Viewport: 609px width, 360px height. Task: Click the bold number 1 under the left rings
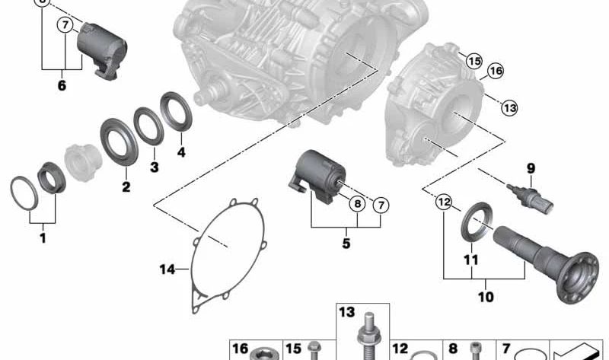(43, 237)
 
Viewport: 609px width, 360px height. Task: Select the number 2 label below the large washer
(126, 186)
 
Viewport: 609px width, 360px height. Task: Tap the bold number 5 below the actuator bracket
(346, 244)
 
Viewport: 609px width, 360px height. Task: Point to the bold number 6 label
(62, 85)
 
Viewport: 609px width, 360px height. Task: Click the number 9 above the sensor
(531, 168)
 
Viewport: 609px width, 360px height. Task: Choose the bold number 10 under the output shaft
(486, 297)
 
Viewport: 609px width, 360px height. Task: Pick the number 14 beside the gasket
(167, 269)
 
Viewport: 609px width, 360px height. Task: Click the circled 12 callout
(444, 202)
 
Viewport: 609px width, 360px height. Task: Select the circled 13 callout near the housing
(509, 107)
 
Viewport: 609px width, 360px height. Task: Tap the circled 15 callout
(473, 61)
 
